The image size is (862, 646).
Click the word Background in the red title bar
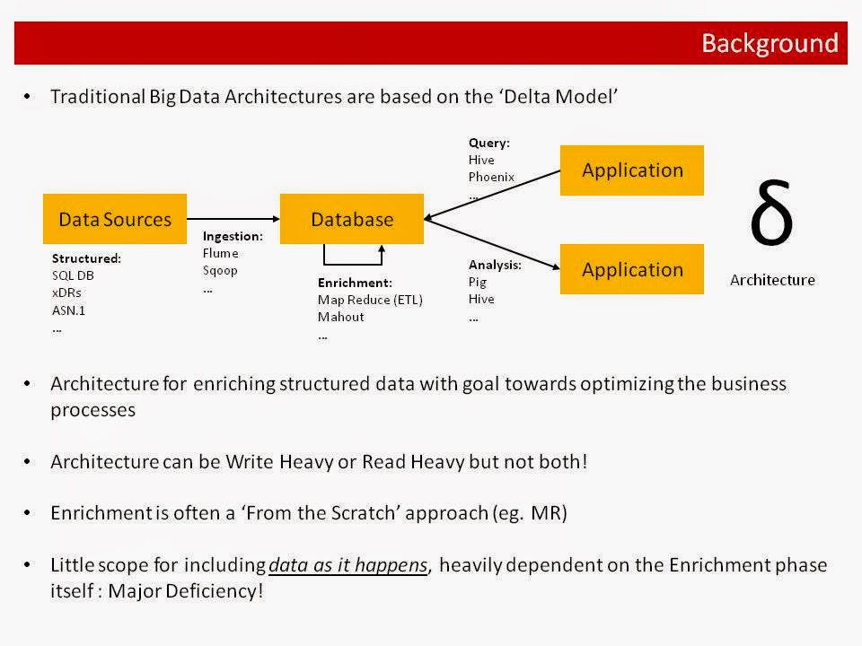pos(769,43)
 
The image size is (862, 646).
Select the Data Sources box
pos(114,219)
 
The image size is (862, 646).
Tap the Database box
pos(351,219)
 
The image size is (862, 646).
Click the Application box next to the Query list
pos(631,170)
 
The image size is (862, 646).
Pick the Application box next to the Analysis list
pos(631,269)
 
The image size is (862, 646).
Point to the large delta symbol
pos(771,215)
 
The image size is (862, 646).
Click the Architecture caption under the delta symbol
pos(772,280)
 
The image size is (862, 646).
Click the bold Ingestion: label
pos(233,237)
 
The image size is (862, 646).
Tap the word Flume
pos(221,253)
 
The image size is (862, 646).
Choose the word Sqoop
pos(221,270)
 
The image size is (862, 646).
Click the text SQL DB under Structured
pos(73,275)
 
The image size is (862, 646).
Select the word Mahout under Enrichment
pos(340,317)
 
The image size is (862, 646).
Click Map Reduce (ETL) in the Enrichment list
pos(370,300)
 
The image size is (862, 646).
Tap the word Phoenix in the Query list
pos(491,177)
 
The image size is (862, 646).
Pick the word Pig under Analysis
pos(477,282)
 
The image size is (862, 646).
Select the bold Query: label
pos(489,143)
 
